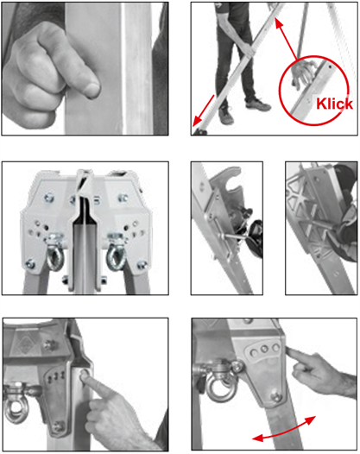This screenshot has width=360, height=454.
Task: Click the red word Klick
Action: [334, 104]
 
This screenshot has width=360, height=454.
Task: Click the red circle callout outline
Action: [314, 91]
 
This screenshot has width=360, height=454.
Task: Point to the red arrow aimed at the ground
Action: [204, 110]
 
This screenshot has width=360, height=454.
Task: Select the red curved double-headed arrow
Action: [284, 429]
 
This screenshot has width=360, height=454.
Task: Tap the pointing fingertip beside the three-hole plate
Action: [290, 352]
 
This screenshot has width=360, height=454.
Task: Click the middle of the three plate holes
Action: [264, 350]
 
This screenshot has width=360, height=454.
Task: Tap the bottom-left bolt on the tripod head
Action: [29, 264]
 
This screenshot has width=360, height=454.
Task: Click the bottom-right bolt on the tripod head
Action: [142, 264]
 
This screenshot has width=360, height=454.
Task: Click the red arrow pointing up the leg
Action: [286, 39]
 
